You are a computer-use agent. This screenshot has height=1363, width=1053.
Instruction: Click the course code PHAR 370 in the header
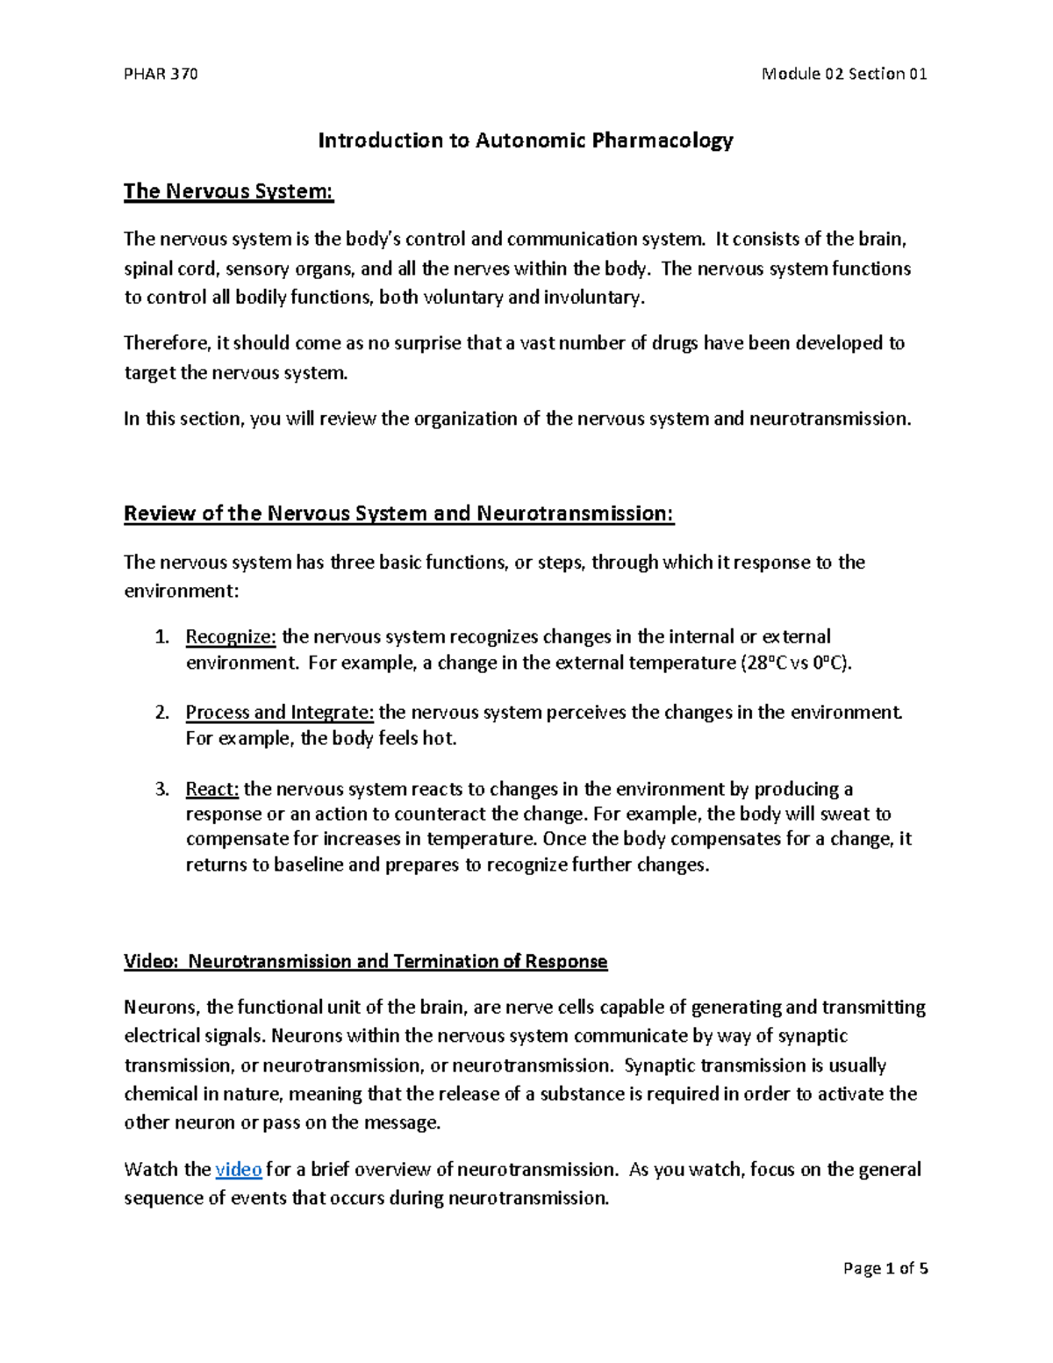(x=161, y=74)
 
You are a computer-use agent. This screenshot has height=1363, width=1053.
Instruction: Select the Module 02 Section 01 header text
(x=844, y=74)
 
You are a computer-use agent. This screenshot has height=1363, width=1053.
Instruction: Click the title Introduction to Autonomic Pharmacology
(x=525, y=140)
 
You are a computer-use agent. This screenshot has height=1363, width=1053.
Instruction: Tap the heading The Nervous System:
(x=229, y=191)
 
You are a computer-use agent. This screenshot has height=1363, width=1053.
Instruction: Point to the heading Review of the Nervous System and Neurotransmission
(x=398, y=513)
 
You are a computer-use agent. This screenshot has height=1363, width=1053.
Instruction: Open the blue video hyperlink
(x=239, y=1170)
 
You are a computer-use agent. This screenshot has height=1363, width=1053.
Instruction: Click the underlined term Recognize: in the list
(x=231, y=636)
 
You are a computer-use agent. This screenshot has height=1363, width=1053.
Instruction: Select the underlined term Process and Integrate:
(x=279, y=712)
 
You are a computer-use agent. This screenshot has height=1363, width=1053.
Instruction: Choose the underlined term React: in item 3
(x=211, y=789)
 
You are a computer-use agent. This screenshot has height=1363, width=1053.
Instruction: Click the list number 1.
(x=161, y=636)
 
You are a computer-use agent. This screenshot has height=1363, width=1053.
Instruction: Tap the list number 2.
(x=161, y=712)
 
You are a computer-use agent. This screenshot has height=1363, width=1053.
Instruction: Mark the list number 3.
(x=161, y=789)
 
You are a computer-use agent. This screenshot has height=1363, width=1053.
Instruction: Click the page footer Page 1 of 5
(x=885, y=1268)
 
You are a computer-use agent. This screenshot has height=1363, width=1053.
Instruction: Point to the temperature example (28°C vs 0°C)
(x=792, y=663)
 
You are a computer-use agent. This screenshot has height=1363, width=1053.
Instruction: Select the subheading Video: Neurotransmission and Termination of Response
(x=365, y=962)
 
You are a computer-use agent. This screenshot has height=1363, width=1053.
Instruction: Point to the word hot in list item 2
(x=438, y=738)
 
